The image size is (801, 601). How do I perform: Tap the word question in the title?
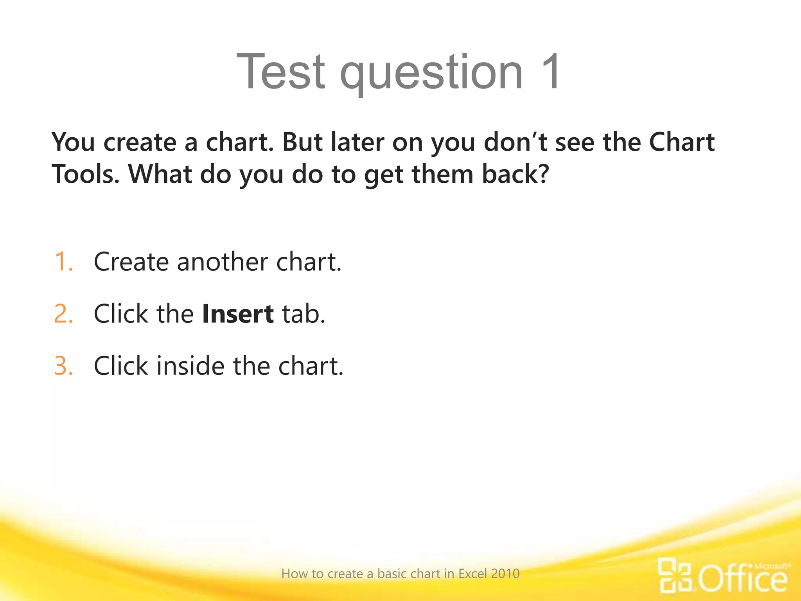[x=431, y=74]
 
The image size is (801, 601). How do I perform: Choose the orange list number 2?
[x=64, y=314]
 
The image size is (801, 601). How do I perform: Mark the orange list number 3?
[x=64, y=366]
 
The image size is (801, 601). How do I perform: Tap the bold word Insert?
[x=238, y=314]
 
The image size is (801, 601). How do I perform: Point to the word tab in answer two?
[x=304, y=314]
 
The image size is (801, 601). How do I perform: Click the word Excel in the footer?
[x=472, y=574]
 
